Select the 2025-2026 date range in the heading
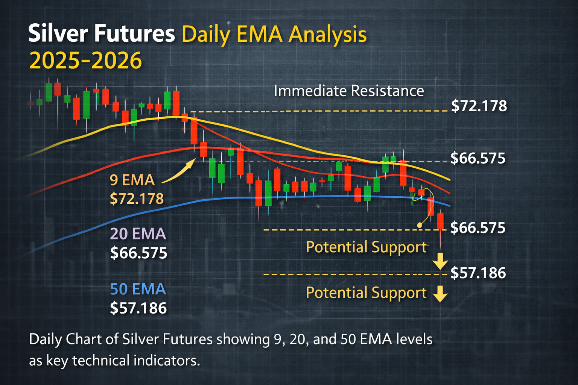click(x=85, y=61)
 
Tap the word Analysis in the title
click(x=327, y=35)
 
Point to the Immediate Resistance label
click(x=349, y=91)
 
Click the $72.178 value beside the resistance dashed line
click(x=479, y=106)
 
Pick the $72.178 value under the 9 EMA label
click(x=137, y=199)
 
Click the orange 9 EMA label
click(x=132, y=180)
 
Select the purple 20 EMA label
click(x=138, y=233)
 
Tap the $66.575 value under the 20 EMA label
click(x=138, y=253)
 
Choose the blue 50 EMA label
click(x=138, y=289)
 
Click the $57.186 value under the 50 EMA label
click(x=138, y=308)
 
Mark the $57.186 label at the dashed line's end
click(x=478, y=273)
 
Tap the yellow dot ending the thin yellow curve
click(x=420, y=225)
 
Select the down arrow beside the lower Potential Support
click(x=440, y=294)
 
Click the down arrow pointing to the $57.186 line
click(x=440, y=261)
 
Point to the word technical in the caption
click(x=101, y=360)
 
